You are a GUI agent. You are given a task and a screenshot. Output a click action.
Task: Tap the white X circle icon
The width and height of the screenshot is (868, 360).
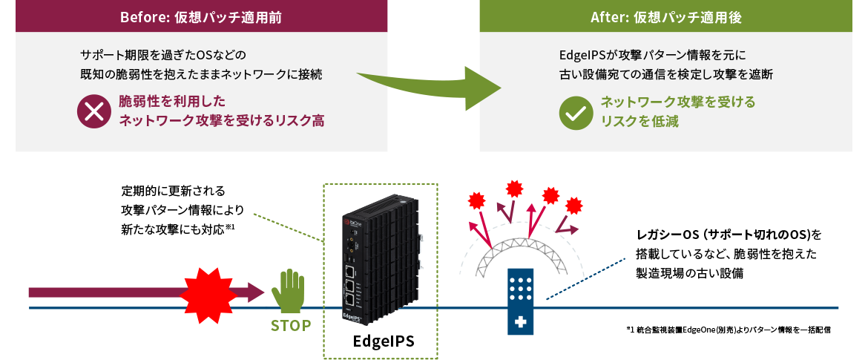point(93,112)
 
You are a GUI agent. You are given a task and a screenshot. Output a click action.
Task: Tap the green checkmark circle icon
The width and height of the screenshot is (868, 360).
point(575,112)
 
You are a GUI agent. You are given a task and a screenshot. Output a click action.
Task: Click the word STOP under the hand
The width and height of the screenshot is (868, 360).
point(291,325)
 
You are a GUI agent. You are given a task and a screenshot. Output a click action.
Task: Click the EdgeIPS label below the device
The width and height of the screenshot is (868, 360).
point(383,341)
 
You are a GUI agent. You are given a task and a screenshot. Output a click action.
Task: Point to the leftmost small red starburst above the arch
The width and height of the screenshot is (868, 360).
point(478,200)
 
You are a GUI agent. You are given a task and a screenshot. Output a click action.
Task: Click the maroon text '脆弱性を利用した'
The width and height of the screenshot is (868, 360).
point(172,101)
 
